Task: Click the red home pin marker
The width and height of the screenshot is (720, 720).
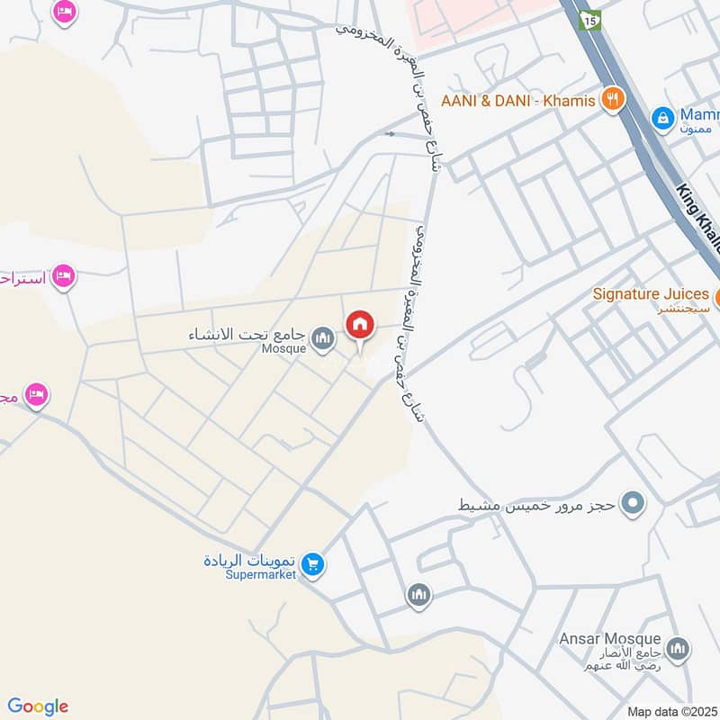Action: tap(361, 325)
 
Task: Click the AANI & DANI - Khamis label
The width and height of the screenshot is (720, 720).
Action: tap(518, 101)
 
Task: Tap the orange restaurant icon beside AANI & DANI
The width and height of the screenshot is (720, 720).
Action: tap(613, 99)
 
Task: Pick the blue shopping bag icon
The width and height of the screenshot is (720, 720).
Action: tap(662, 117)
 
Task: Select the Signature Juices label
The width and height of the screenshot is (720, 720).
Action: tap(651, 293)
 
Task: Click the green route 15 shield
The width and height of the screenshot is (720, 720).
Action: tap(590, 20)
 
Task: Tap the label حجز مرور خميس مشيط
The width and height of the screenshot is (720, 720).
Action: tap(536, 505)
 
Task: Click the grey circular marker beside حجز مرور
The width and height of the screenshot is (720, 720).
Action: tap(634, 504)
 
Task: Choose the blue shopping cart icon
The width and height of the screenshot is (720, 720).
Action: tap(313, 564)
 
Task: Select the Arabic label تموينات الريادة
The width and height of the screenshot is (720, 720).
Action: tap(247, 560)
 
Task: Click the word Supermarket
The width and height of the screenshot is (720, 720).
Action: tap(260, 575)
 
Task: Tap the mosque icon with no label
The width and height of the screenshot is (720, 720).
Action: tap(418, 595)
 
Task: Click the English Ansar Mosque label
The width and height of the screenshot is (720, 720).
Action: tap(609, 638)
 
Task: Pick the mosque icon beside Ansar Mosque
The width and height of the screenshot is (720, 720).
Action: tap(678, 649)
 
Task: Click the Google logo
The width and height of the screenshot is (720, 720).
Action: tap(38, 706)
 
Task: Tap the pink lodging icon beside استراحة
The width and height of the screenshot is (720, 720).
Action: tap(63, 275)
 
